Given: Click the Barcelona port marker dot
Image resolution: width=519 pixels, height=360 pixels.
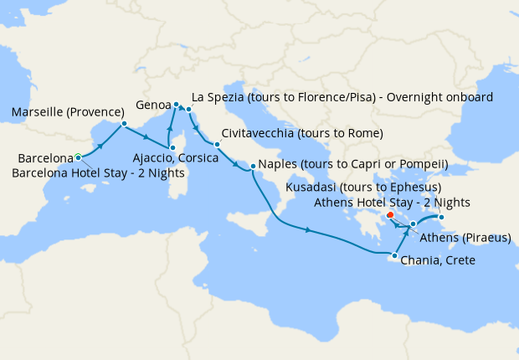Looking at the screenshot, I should click(x=78, y=157).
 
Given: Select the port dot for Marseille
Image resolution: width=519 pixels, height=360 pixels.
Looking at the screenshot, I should click(x=124, y=124).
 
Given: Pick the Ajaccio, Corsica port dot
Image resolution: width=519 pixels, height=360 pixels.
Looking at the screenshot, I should click(x=172, y=147).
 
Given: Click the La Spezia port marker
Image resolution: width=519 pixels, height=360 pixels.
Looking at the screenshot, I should click(x=189, y=109).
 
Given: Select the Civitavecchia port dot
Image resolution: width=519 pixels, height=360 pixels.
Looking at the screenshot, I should click(x=217, y=144).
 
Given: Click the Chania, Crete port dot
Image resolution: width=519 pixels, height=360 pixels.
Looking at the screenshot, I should click(x=394, y=254).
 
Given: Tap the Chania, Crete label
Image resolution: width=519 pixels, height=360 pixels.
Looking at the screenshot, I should click(x=438, y=260).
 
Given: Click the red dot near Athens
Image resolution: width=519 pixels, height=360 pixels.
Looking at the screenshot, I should click(x=390, y=215).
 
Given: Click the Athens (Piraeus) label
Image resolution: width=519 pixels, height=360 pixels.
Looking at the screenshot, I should click(x=465, y=238).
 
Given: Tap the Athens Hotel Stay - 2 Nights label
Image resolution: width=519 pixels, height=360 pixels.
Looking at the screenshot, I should click(x=390, y=202).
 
